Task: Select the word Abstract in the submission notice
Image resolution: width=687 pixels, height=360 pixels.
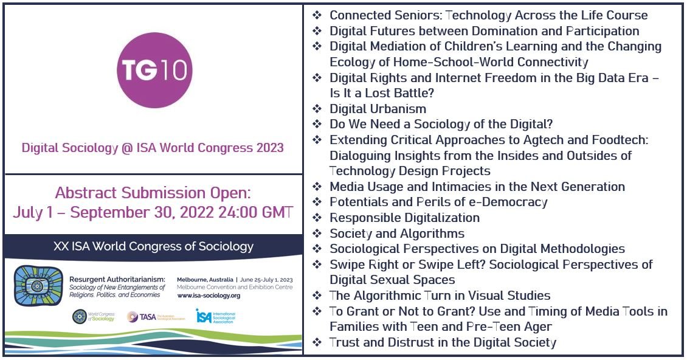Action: (x=85, y=193)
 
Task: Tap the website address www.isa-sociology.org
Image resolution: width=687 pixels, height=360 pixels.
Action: (x=209, y=296)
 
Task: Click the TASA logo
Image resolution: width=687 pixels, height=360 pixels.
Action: (x=133, y=317)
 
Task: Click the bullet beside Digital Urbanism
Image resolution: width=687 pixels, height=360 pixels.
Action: (x=317, y=109)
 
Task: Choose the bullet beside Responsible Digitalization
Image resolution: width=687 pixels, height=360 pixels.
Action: (x=317, y=218)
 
